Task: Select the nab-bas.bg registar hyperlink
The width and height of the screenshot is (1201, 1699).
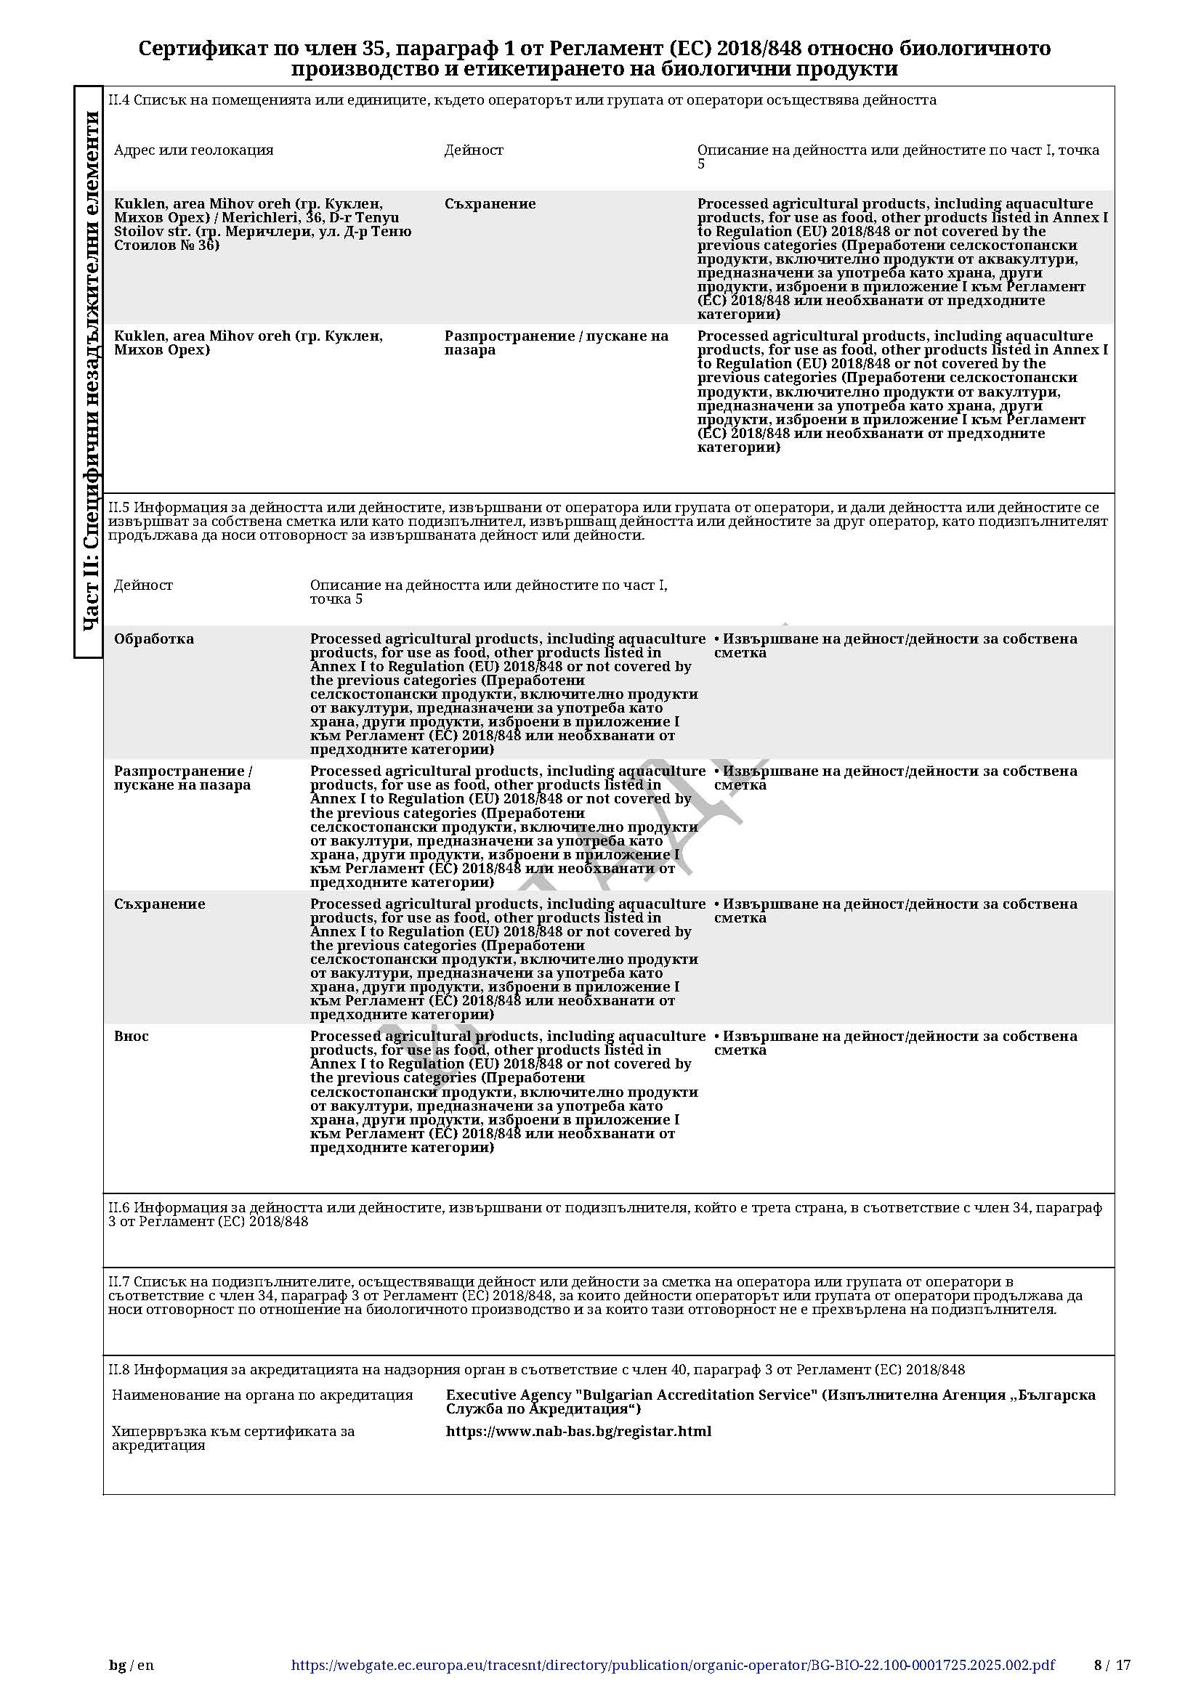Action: click(578, 1431)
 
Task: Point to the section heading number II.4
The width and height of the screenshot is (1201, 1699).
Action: click(119, 100)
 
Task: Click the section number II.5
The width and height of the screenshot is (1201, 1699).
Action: click(119, 508)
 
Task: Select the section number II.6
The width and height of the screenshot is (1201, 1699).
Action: click(119, 1208)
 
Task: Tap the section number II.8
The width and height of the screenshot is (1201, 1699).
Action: click(119, 1370)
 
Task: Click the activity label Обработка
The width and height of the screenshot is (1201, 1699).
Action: click(154, 639)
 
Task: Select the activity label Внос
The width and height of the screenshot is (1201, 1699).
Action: click(131, 1037)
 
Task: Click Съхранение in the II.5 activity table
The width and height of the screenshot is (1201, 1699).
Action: click(159, 904)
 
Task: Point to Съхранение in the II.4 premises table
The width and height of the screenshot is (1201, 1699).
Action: click(490, 204)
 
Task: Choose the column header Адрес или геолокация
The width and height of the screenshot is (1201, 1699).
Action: click(194, 150)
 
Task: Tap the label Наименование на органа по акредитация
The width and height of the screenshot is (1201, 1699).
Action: click(262, 1395)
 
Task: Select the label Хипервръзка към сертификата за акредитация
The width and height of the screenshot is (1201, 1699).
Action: click(232, 1438)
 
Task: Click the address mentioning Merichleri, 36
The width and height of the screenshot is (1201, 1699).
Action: click(263, 224)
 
